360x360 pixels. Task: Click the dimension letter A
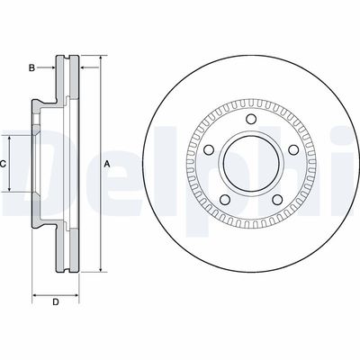[107, 163]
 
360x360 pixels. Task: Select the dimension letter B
[31, 67]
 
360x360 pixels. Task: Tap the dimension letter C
[4, 165]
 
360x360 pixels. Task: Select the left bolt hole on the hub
[208, 150]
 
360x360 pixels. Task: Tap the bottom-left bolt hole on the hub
[224, 200]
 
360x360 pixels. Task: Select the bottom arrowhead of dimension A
[99, 268]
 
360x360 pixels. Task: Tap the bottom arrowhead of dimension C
[11, 192]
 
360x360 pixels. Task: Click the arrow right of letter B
[51, 67]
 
